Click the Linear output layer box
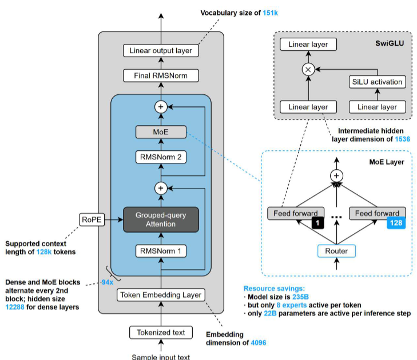point(161,50)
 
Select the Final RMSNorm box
point(161,76)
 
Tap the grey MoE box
point(161,132)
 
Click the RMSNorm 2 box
point(161,157)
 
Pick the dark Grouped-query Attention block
point(161,220)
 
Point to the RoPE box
point(92,220)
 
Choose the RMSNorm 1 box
point(161,251)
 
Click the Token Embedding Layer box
point(161,295)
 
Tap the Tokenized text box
point(161,333)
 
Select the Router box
point(336,251)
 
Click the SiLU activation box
point(377,82)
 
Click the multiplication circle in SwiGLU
point(308,70)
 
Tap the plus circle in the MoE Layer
point(336,175)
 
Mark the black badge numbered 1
point(318,223)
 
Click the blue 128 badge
point(396,223)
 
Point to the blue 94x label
point(108,282)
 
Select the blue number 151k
point(270,13)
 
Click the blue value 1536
point(402,139)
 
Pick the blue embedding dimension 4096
point(259,343)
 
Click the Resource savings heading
point(274,289)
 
